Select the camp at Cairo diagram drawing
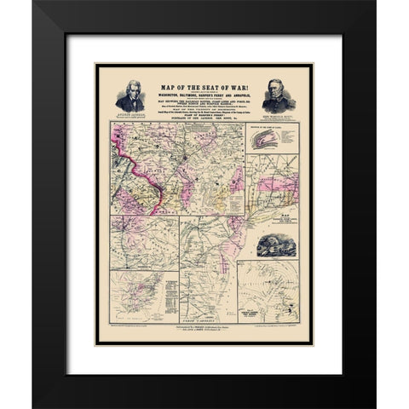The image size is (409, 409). pos(267,141)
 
